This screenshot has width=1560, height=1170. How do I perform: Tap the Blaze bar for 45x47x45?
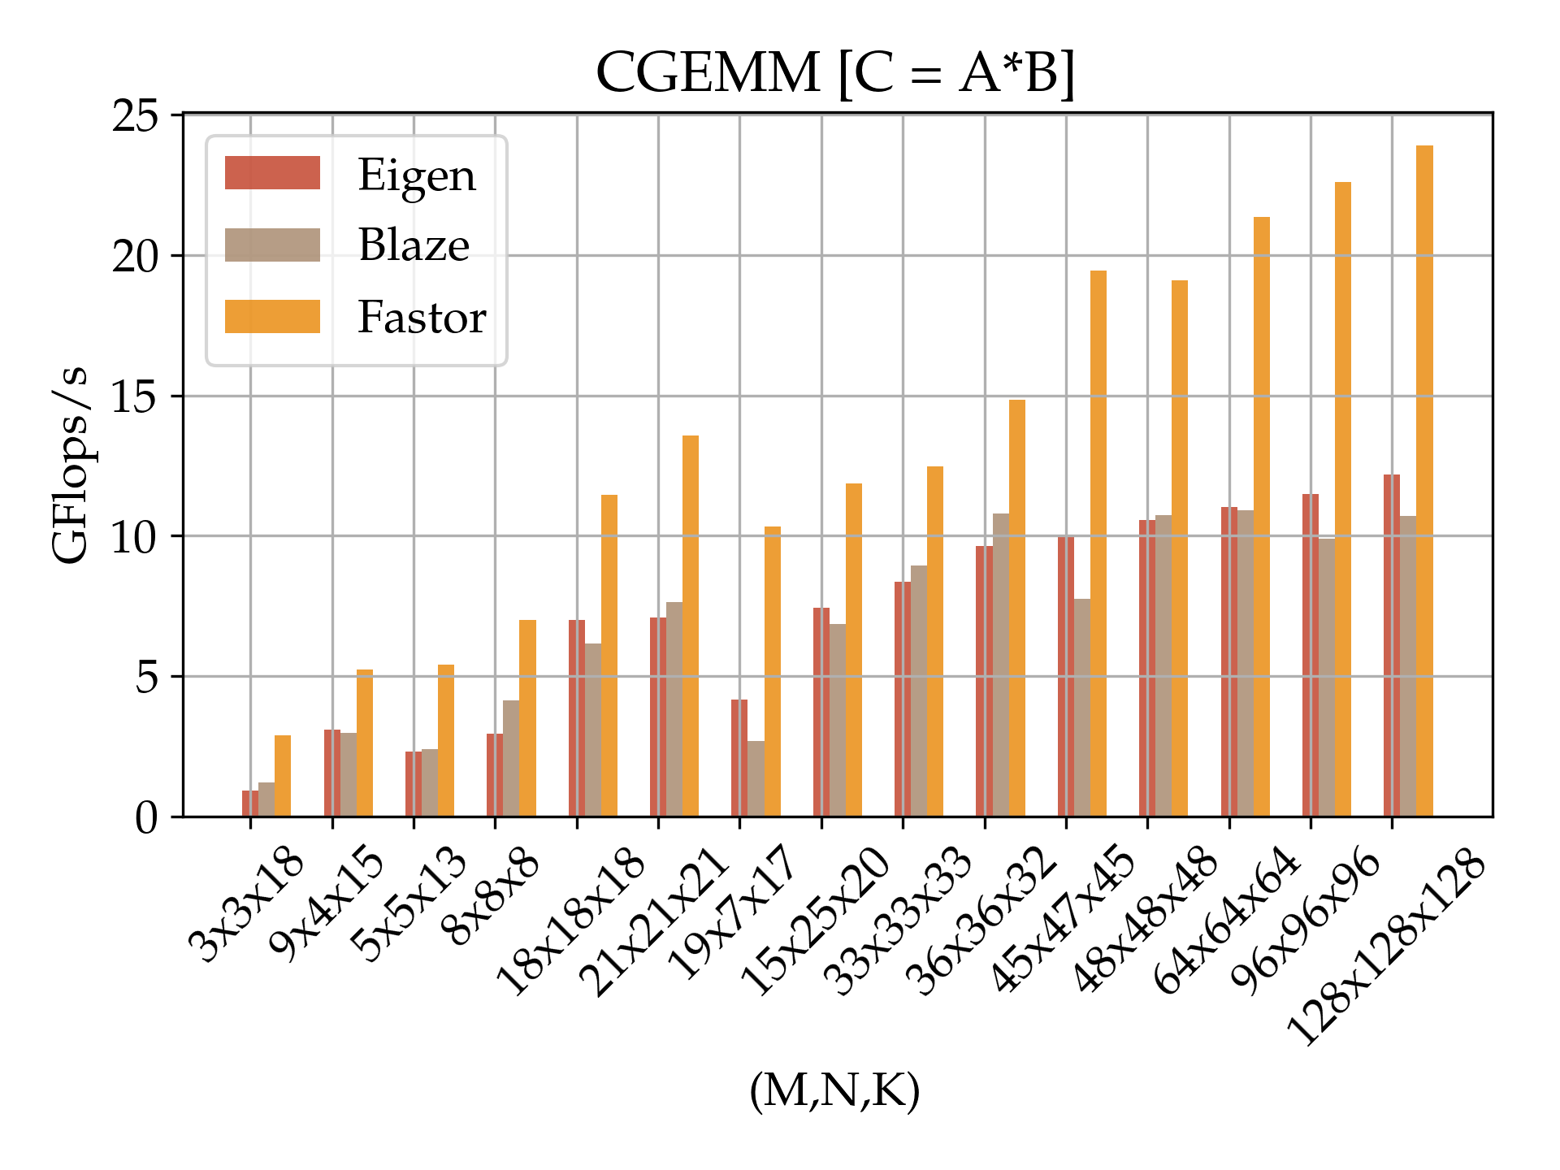coord(1082,707)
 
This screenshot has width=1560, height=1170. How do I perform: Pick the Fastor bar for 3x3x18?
coord(283,776)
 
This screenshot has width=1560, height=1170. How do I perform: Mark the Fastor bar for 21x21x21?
coord(691,626)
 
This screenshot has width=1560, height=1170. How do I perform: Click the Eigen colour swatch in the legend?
coord(272,173)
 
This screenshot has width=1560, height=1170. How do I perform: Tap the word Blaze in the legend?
coord(414,245)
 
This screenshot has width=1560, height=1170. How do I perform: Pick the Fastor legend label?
coord(422,317)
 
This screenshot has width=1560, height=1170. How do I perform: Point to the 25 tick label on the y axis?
coord(135,116)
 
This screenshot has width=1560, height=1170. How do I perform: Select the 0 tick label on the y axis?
coord(146,817)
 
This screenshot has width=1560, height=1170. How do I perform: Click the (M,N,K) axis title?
coord(834,1090)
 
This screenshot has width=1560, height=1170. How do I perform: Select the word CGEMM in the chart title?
coord(708,73)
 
